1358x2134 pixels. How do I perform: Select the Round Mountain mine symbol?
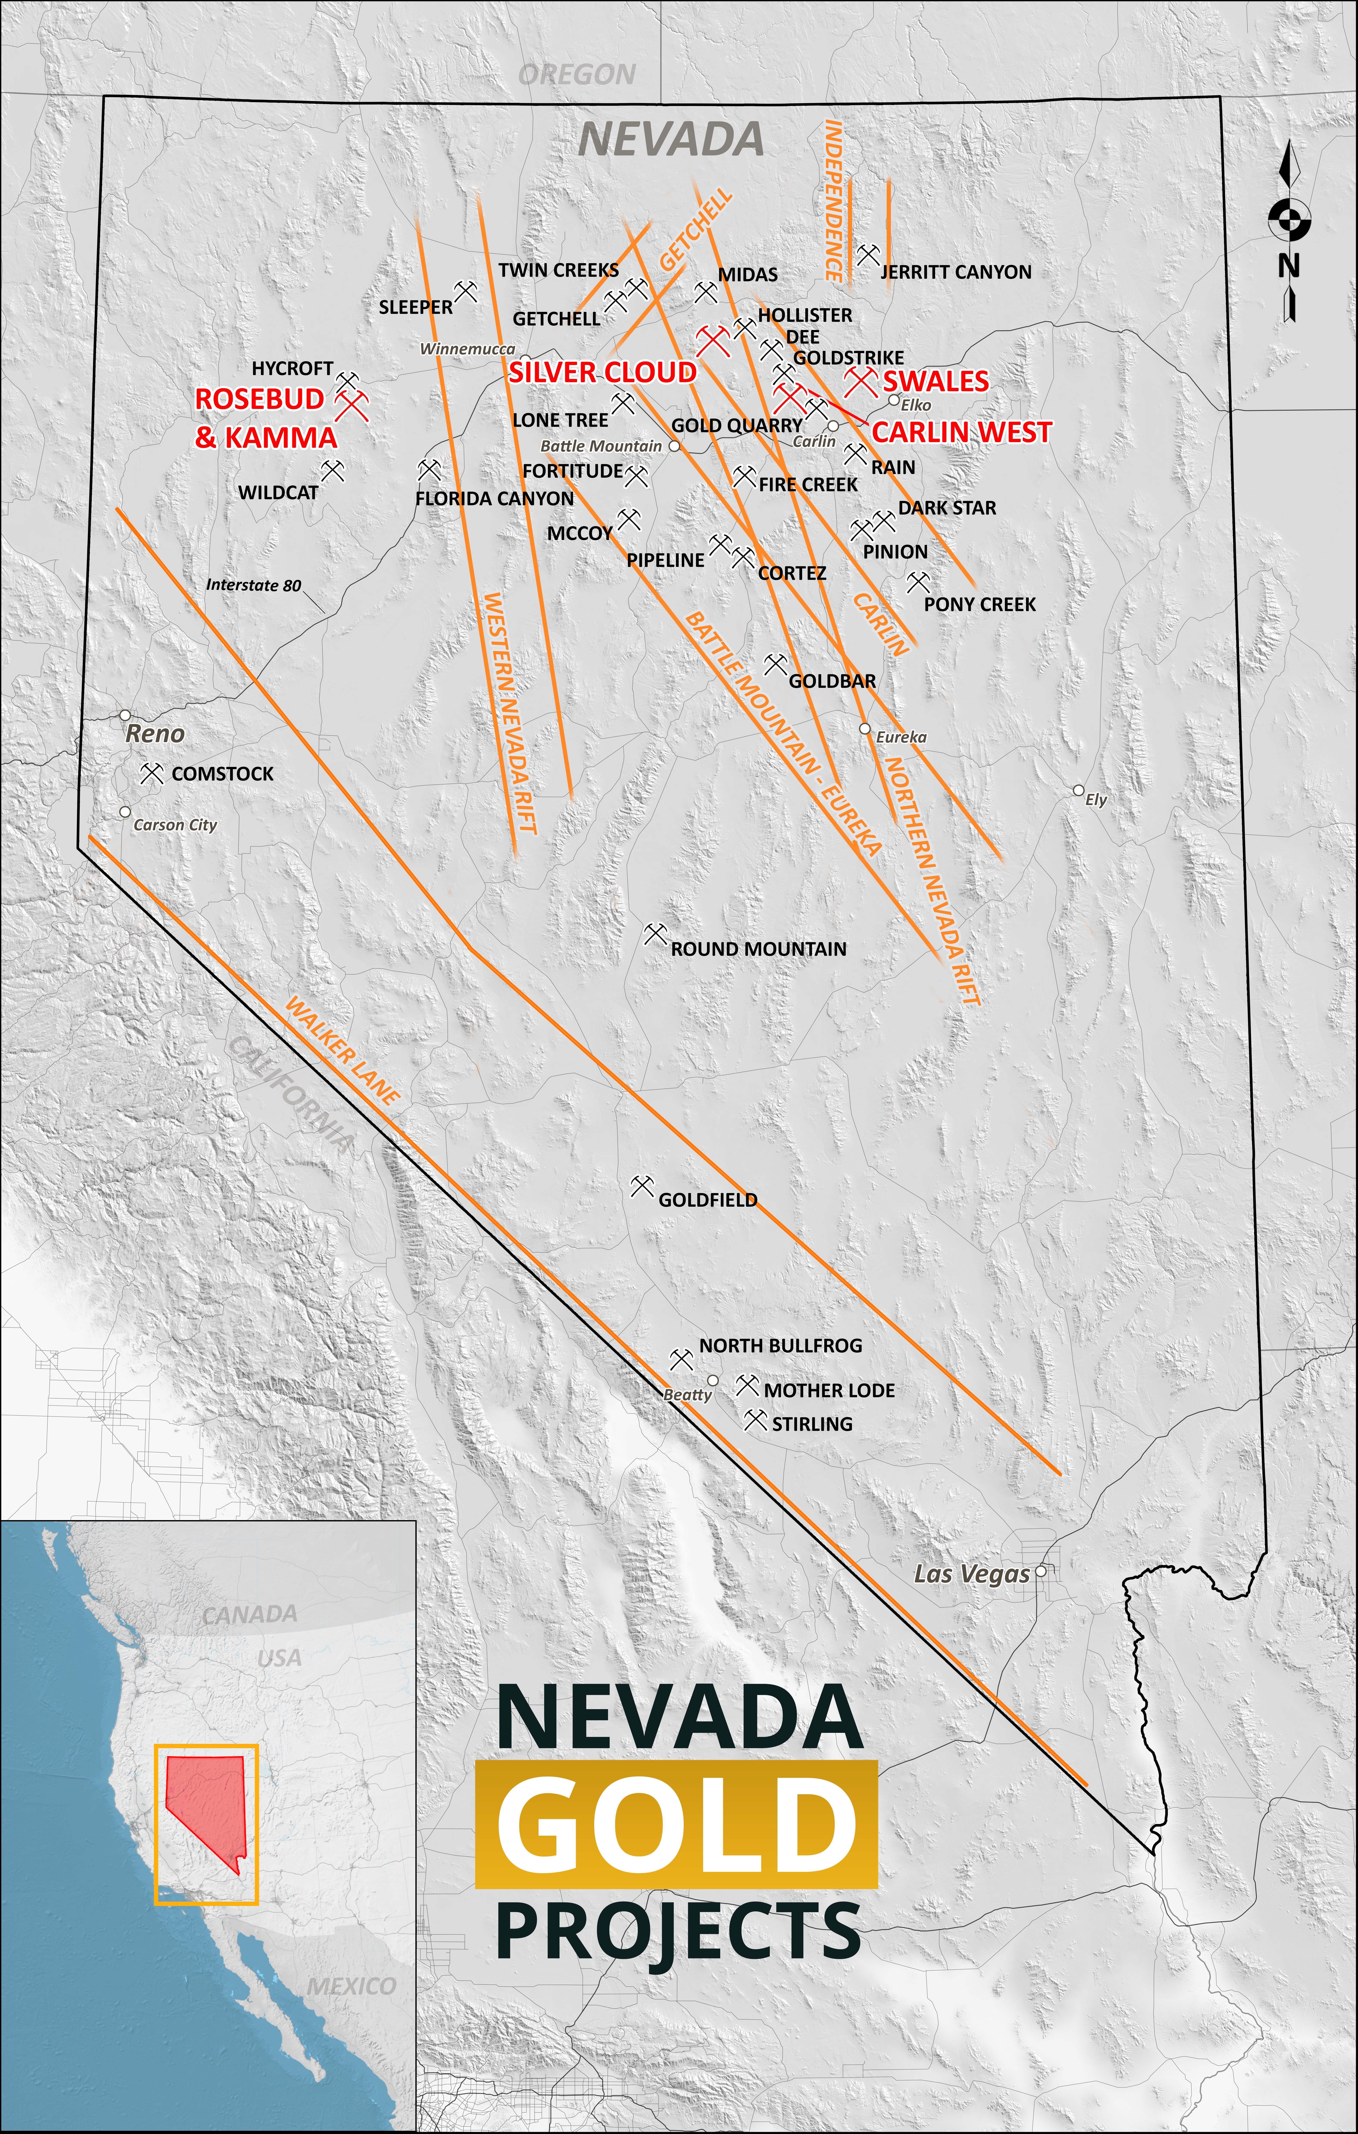coord(655,934)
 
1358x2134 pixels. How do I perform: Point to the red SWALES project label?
coord(935,381)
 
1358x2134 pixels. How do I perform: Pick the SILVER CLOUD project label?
coord(603,372)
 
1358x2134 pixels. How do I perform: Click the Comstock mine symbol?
coord(152,774)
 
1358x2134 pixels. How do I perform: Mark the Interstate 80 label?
coord(253,585)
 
